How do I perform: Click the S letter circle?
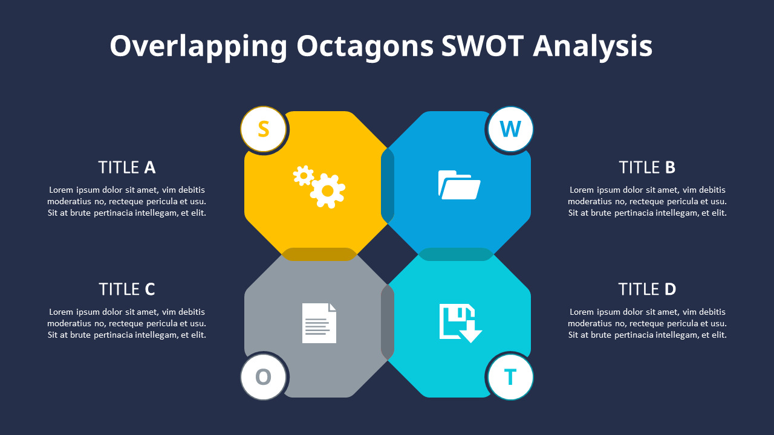(x=263, y=129)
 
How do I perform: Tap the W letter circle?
(x=510, y=129)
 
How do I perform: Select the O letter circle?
(x=263, y=377)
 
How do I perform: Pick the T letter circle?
(x=510, y=377)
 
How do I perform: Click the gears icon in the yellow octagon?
(x=319, y=187)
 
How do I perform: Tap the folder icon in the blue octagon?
(x=459, y=184)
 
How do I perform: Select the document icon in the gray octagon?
(x=319, y=323)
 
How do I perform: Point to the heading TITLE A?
(x=127, y=167)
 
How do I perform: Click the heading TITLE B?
(x=647, y=167)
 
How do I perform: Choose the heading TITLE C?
(x=127, y=289)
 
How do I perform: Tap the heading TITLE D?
(x=647, y=289)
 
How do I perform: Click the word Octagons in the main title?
(x=365, y=47)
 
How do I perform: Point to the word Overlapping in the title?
(x=198, y=47)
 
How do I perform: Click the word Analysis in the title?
(x=593, y=47)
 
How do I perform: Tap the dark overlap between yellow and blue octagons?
(x=388, y=184)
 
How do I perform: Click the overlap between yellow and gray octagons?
(x=319, y=254)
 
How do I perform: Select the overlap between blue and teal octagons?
(x=456, y=254)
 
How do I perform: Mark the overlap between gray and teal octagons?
(x=388, y=323)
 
